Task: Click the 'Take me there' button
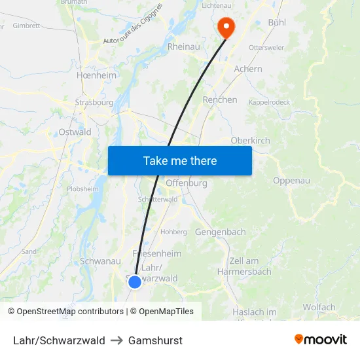click(x=180, y=160)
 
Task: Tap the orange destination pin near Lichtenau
click(x=226, y=26)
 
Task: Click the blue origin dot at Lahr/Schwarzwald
click(x=134, y=281)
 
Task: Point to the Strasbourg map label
click(x=94, y=103)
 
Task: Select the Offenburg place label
click(x=187, y=183)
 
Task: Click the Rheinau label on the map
click(x=184, y=47)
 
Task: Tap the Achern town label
click(x=248, y=69)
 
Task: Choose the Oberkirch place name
click(x=251, y=140)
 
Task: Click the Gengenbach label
click(x=221, y=232)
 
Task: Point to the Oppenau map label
click(x=291, y=181)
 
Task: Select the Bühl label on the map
click(x=281, y=23)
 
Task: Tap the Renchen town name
click(x=220, y=100)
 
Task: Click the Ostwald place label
click(x=75, y=132)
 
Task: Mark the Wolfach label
click(x=319, y=307)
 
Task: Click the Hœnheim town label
click(x=96, y=75)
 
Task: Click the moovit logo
click(x=320, y=340)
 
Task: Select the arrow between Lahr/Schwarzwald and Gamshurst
click(x=117, y=340)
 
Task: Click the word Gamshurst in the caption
click(x=155, y=340)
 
